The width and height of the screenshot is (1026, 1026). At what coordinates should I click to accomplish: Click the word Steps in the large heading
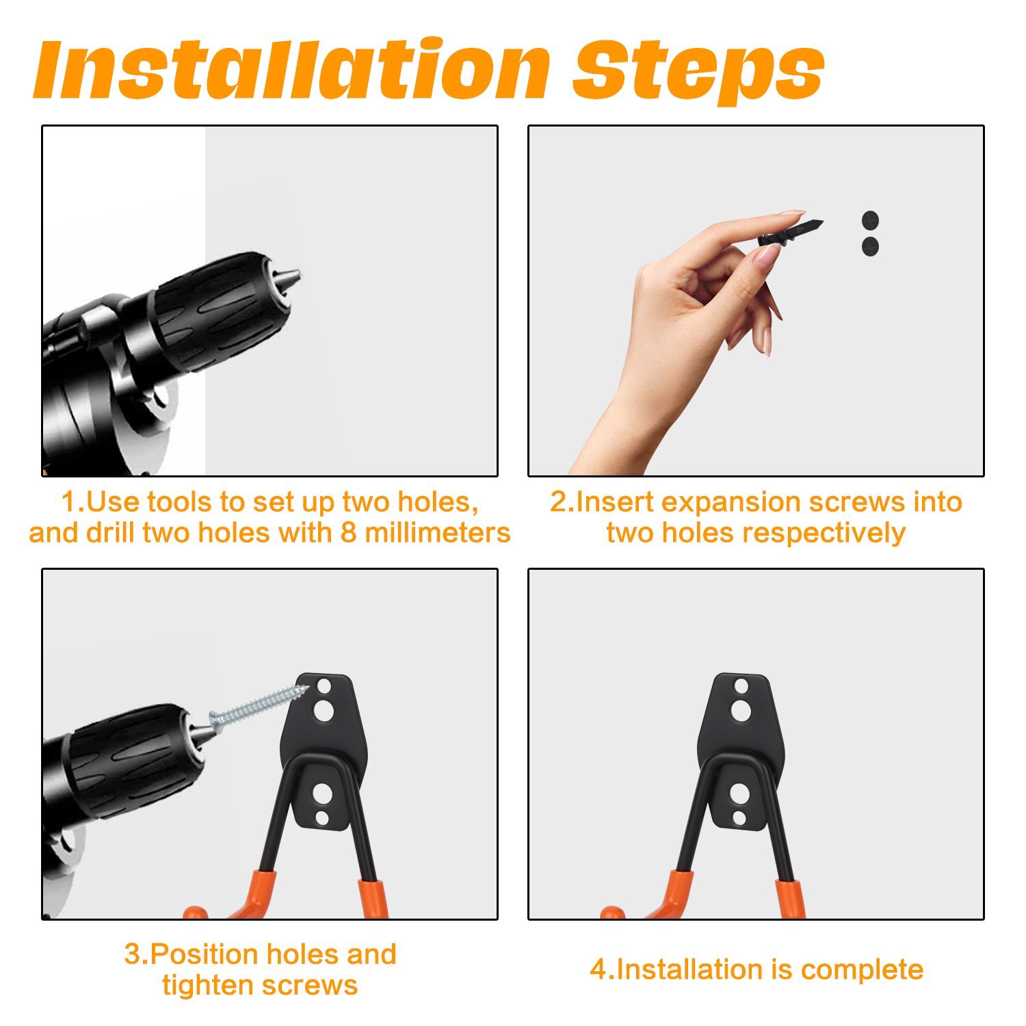pos(698,72)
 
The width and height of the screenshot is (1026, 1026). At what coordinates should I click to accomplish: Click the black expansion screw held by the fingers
pos(790,233)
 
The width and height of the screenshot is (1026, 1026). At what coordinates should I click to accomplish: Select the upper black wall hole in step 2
pos(870,221)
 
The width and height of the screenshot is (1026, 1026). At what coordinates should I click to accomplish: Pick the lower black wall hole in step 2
pos(870,246)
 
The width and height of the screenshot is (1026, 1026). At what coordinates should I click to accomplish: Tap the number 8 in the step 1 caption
pos(348,534)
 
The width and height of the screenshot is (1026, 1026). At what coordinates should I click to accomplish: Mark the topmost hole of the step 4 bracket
pos(741,686)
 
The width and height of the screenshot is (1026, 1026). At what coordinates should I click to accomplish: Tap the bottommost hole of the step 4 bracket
pos(739,818)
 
